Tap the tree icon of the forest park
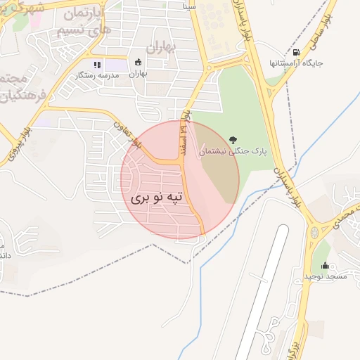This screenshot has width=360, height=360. pos(233,138)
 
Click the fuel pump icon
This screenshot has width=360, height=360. pos(296,51)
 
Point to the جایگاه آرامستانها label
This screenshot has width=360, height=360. pos(296,63)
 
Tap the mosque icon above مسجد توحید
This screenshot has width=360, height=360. pos(325,265)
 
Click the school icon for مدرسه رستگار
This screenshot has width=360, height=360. pos(97,64)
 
